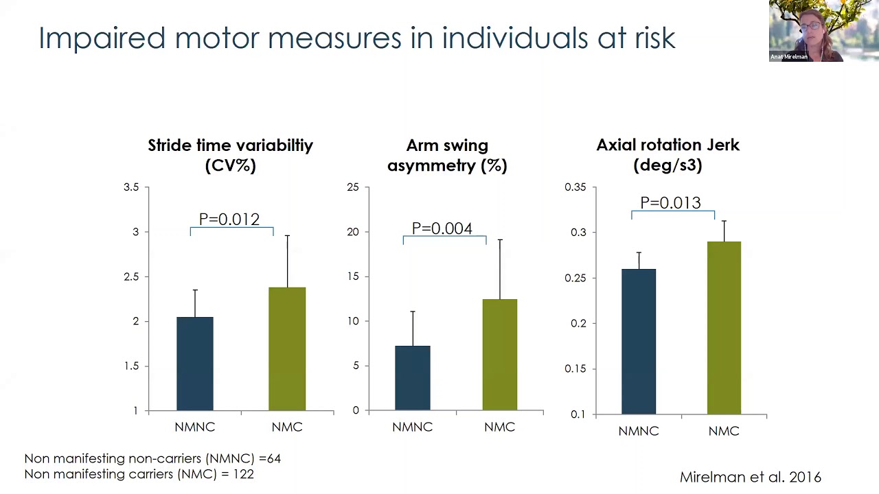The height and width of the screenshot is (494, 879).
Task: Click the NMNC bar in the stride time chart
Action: click(x=195, y=364)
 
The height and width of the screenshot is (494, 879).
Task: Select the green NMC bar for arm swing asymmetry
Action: click(x=499, y=355)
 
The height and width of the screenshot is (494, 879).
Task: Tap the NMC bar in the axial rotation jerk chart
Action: click(x=724, y=328)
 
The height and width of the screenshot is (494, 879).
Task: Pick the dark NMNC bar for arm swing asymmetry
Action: click(x=413, y=378)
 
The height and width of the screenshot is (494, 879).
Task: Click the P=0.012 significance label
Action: click(x=229, y=220)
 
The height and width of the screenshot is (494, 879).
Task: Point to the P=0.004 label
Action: click(x=442, y=228)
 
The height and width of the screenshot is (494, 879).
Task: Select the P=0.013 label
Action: click(x=670, y=203)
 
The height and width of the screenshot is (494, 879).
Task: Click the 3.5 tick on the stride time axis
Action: click(x=131, y=187)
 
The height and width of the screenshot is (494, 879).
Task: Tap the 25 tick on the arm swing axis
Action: click(x=353, y=187)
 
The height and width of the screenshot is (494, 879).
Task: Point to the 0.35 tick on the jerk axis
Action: click(x=575, y=187)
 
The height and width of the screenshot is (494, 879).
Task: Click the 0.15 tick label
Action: click(x=575, y=368)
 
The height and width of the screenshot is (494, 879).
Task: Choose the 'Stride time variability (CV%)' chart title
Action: click(x=230, y=155)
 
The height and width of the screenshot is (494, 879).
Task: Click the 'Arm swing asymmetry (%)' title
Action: click(x=447, y=155)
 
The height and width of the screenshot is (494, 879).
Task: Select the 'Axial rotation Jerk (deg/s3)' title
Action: click(x=667, y=155)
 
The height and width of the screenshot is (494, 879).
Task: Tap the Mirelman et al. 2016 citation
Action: click(x=750, y=477)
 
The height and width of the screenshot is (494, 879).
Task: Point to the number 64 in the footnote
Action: click(x=273, y=458)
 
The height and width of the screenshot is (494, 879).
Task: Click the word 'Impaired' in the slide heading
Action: click(x=102, y=38)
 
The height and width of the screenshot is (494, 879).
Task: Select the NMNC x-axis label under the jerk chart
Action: click(x=639, y=431)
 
